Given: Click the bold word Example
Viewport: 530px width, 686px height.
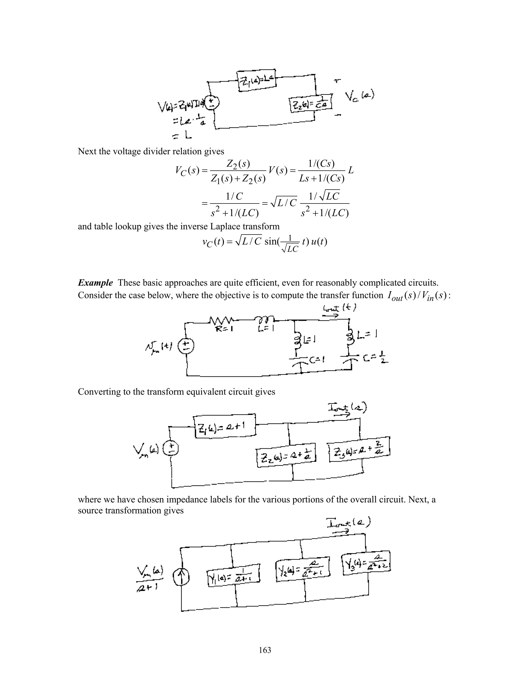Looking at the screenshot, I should [95, 283].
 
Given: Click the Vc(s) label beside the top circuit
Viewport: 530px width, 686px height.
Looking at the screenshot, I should [359, 96].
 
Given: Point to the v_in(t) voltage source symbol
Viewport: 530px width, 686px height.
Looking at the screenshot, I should [186, 346].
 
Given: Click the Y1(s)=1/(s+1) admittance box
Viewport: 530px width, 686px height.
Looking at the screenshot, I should [234, 577].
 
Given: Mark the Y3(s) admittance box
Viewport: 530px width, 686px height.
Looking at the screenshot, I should [366, 564].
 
